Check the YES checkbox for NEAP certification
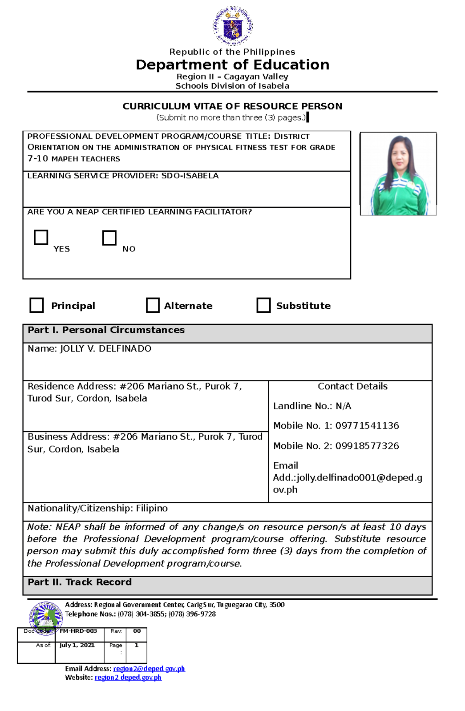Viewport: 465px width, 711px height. [x=41, y=237]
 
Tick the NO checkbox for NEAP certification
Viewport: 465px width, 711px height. [x=109, y=238]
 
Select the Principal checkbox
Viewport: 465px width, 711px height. [x=37, y=305]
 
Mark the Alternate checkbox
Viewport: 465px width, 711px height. [x=153, y=305]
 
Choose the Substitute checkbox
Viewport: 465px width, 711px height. [x=263, y=305]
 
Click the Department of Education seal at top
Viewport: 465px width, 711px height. [x=232, y=26]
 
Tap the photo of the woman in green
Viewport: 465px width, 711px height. [x=398, y=174]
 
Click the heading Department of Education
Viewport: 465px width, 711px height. [x=232, y=65]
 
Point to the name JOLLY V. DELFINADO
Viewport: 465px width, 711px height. [x=105, y=349]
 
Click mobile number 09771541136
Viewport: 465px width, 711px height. [x=367, y=426]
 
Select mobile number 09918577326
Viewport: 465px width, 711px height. [x=367, y=446]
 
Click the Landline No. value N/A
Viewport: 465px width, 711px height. [x=343, y=406]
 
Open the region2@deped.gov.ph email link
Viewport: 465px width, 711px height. [x=149, y=669]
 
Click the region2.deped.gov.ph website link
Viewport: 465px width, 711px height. [x=128, y=678]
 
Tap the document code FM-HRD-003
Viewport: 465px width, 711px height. [x=78, y=631]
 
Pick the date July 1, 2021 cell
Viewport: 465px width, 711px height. [x=77, y=645]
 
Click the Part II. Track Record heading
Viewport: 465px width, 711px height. [x=80, y=582]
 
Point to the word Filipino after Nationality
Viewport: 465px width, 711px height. [x=152, y=508]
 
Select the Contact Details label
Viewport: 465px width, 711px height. [x=353, y=386]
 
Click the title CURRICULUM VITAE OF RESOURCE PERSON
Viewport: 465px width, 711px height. [x=232, y=106]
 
